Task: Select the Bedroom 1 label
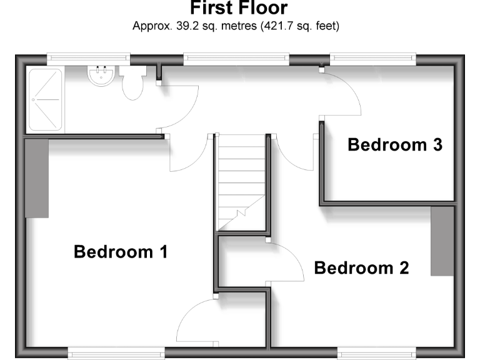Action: [121, 252]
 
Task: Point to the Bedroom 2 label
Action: [361, 268]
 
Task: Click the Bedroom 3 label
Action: [395, 145]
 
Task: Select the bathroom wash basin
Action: [100, 76]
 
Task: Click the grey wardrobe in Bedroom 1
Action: [37, 178]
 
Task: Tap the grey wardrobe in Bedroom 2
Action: [442, 241]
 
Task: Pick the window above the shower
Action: [88, 59]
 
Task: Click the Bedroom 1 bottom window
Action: [116, 353]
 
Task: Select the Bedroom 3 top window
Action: [373, 59]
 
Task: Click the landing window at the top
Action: [236, 59]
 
